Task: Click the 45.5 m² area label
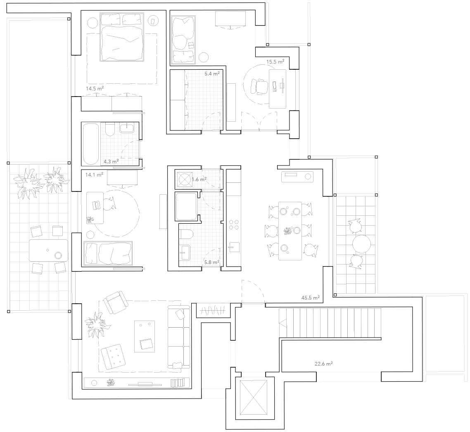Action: point(310,297)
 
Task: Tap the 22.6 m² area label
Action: point(323,364)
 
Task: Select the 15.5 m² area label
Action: point(275,62)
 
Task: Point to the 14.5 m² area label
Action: point(95,89)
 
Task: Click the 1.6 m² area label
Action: point(199,179)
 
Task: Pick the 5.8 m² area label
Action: point(211,262)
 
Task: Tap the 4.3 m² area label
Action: point(111,162)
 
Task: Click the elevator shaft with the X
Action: point(254,397)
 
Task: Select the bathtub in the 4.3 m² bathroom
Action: point(90,144)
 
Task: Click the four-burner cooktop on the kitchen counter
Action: point(234,225)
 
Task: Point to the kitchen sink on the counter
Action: point(234,247)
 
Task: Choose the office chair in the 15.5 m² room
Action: point(259,87)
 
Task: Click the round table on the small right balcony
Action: point(362,244)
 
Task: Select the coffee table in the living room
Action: point(145,336)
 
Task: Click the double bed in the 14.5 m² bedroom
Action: point(121,37)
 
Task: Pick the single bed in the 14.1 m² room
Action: point(108,253)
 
